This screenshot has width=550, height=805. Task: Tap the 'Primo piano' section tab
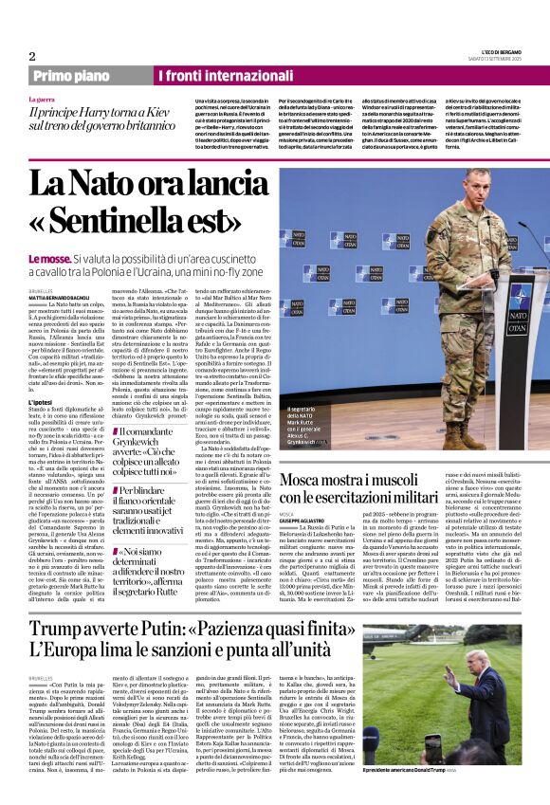pos(71,76)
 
